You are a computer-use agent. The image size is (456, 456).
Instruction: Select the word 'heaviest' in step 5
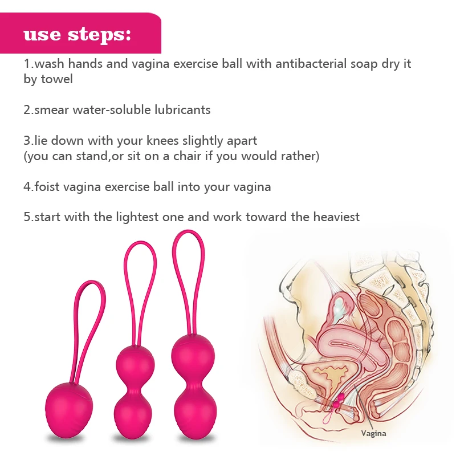[x=337, y=217]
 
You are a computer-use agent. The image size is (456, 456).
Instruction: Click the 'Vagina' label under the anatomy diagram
[x=373, y=433]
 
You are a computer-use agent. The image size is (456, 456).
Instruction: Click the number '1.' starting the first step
[x=28, y=63]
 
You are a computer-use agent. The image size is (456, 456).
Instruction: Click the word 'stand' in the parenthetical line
[x=88, y=156]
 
